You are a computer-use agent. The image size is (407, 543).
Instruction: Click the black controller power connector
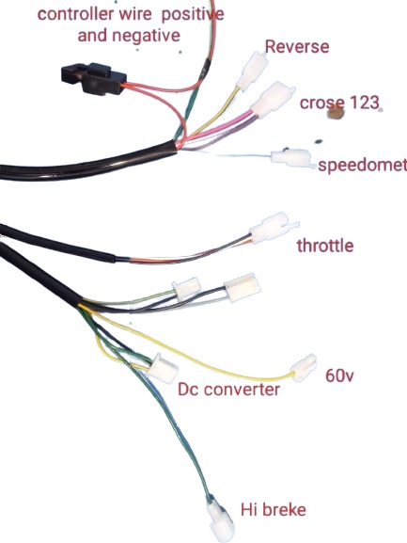tap(93, 79)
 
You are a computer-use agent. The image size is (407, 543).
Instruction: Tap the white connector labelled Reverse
tap(253, 71)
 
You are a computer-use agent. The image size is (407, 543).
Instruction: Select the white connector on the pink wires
tap(274, 99)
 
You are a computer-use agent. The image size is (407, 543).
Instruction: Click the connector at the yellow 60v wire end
tap(305, 368)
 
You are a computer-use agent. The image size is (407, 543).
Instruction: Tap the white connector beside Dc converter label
tap(162, 369)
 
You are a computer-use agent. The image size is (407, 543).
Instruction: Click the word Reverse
tap(297, 47)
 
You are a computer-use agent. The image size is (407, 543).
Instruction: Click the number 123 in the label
tap(365, 103)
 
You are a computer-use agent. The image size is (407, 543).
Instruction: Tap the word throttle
tap(325, 246)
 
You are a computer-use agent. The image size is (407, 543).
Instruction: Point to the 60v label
tap(339, 375)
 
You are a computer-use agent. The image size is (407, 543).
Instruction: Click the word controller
tap(75, 14)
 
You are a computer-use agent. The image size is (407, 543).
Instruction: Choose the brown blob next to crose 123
tap(335, 113)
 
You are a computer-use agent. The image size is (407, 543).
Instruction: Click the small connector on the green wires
tap(187, 288)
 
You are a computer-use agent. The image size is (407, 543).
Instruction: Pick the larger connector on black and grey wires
tap(243, 287)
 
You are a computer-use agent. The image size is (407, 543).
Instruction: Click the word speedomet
tap(363, 166)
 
